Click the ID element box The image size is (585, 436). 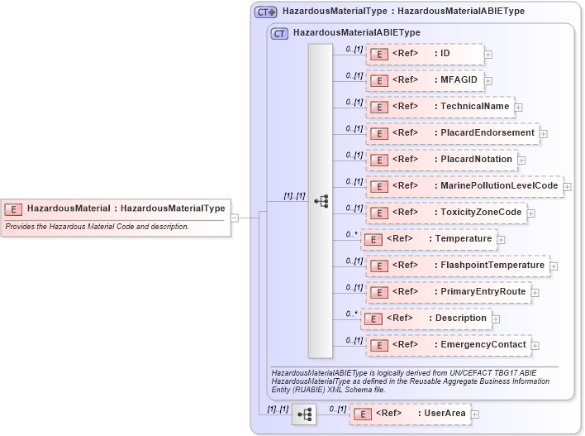click(425, 55)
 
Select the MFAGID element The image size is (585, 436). click(425, 81)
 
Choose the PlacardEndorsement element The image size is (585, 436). click(452, 133)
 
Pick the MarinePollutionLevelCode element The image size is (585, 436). click(464, 186)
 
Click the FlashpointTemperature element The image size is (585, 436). click(458, 266)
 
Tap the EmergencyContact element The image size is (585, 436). click(448, 345)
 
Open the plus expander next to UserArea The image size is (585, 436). click(475, 414)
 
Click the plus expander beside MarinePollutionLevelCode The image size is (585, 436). click(568, 187)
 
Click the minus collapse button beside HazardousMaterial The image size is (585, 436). click(235, 218)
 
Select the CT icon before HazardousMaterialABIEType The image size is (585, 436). click(279, 33)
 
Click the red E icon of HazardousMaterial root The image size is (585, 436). click(14, 209)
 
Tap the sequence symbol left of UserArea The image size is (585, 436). click(303, 414)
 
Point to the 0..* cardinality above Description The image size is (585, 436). click(352, 314)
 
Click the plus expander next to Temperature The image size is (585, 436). click(502, 240)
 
